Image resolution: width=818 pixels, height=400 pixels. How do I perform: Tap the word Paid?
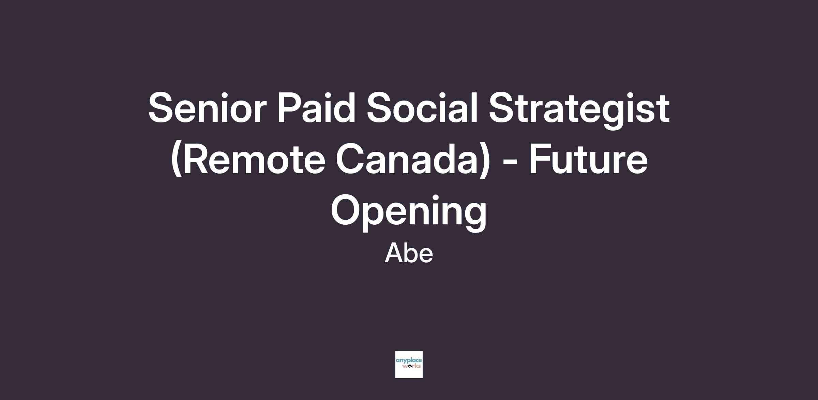pos(317,107)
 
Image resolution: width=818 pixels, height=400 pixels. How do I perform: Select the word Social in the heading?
pos(422,107)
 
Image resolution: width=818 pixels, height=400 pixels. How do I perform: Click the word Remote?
pos(248,159)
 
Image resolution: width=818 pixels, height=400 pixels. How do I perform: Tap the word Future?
pos(588,159)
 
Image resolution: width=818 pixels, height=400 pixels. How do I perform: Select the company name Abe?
pos(409,253)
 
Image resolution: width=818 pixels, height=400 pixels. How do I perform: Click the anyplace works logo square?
pos(409,365)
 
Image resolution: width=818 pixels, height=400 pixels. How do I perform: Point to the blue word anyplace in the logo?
pos(409,360)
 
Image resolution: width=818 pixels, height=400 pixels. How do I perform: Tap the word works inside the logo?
pos(411,366)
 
